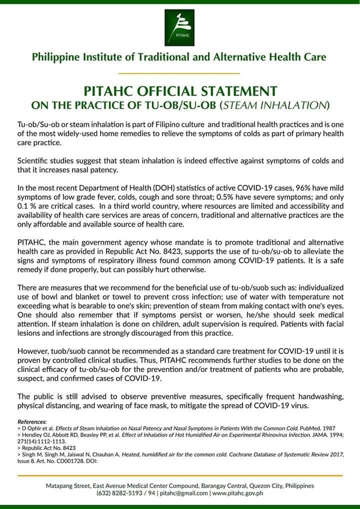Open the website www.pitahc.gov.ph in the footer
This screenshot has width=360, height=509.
point(237,492)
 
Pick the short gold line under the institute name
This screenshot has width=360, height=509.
point(179,73)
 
